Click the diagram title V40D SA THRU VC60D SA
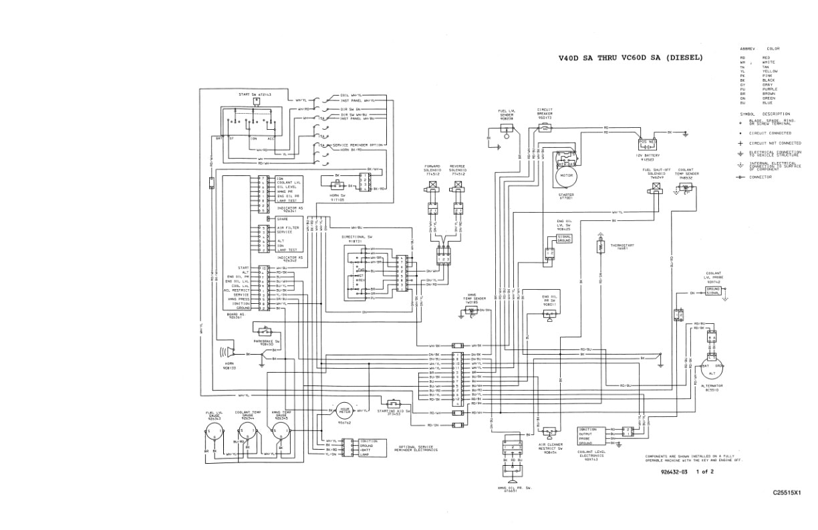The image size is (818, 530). pyautogui.click(x=630, y=58)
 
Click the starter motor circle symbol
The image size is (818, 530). pyautogui.click(x=566, y=176)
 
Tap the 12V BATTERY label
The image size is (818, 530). pyautogui.click(x=647, y=158)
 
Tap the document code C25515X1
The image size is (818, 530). pyautogui.click(x=787, y=493)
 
